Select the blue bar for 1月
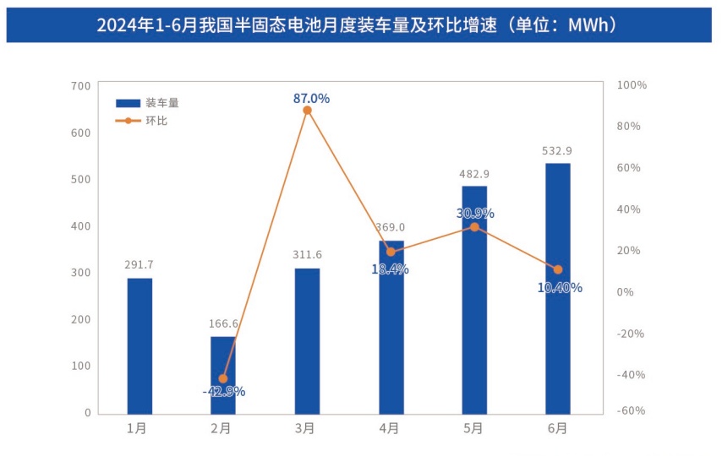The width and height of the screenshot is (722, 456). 139,345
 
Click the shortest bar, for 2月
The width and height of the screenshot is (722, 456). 223,375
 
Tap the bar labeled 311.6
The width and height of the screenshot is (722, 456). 307,341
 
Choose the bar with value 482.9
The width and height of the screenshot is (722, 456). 474,300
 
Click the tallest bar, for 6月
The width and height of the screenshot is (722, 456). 558,288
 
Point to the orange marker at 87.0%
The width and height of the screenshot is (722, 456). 308,111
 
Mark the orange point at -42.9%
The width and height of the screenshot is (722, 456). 223,378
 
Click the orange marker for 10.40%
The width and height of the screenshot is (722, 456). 558,270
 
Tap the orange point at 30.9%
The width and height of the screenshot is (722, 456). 474,227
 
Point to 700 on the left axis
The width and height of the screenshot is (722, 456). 81,86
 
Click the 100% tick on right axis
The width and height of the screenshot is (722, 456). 632,85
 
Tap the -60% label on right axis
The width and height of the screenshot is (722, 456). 632,411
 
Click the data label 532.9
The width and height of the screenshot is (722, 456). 557,151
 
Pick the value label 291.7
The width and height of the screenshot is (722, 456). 139,265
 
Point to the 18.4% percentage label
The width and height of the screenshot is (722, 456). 390,269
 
